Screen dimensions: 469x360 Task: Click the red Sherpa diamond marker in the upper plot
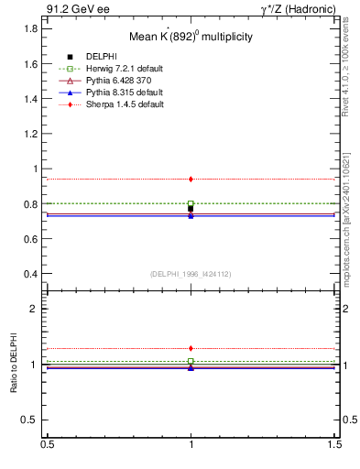click(x=191, y=179)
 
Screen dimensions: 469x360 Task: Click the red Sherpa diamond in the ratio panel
click(x=191, y=348)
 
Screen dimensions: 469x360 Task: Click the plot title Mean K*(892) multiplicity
click(x=190, y=37)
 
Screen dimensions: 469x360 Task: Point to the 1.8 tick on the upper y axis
click(x=30, y=28)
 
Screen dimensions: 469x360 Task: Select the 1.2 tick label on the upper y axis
click(x=30, y=134)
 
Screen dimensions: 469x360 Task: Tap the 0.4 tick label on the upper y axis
click(x=30, y=274)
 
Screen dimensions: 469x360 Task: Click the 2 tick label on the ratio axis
click(x=34, y=309)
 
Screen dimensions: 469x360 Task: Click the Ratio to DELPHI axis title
click(x=13, y=364)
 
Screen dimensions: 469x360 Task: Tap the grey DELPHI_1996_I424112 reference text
click(x=191, y=274)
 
